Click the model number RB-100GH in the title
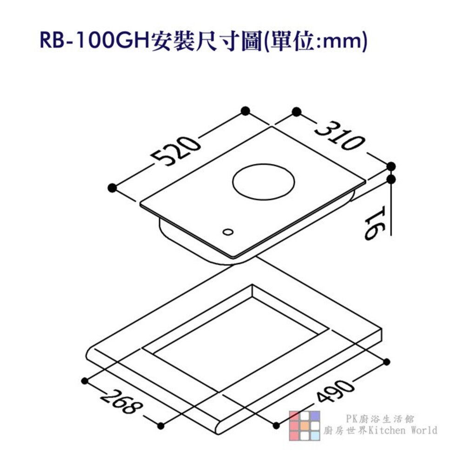[x=93, y=41]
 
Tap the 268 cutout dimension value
[x=120, y=403]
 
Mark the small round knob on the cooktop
[x=228, y=231]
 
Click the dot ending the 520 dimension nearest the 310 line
[x=246, y=111]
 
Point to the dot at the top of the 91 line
[x=392, y=178]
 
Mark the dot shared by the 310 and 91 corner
[x=392, y=166]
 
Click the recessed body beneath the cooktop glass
[x=186, y=237]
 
